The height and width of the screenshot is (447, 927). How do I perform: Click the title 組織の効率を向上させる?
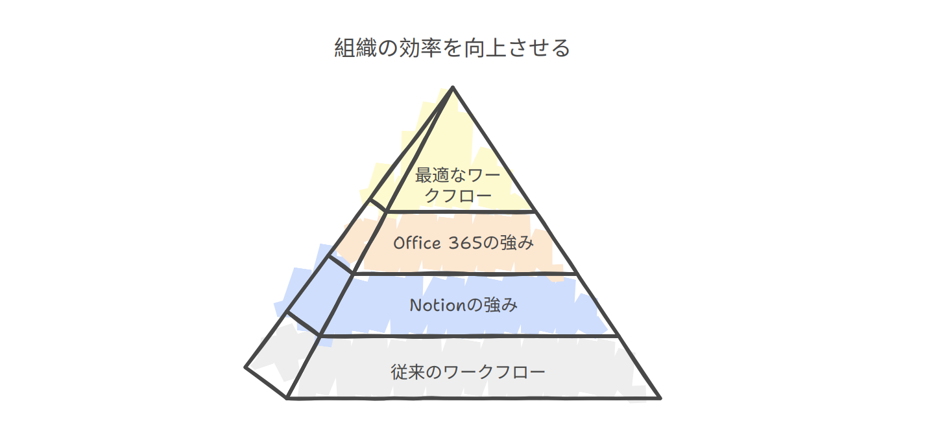pos(452,49)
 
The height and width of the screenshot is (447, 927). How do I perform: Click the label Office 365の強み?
pos(463,243)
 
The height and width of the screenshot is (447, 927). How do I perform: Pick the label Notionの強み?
pos(463,304)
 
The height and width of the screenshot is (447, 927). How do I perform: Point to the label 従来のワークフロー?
pos(467,372)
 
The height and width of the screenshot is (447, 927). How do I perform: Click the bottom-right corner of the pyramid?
pos(659,397)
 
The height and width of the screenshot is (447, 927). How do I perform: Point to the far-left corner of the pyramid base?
pos(246,367)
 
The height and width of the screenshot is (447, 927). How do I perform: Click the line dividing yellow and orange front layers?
pos(461,212)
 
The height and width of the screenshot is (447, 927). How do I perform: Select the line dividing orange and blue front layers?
pos(464,273)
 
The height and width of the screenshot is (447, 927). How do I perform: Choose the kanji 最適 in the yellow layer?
pos(431,176)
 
